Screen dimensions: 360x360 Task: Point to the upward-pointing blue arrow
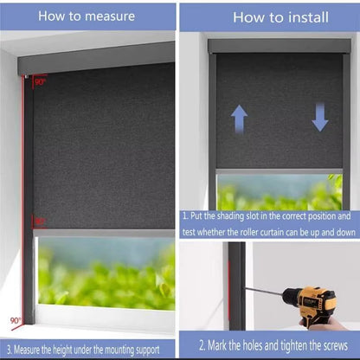pos(240,118)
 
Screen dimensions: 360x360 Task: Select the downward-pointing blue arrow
pos(320,116)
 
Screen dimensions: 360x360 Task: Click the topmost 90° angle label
pos(40,82)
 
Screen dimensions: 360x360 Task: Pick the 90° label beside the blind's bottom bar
pos(39,222)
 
